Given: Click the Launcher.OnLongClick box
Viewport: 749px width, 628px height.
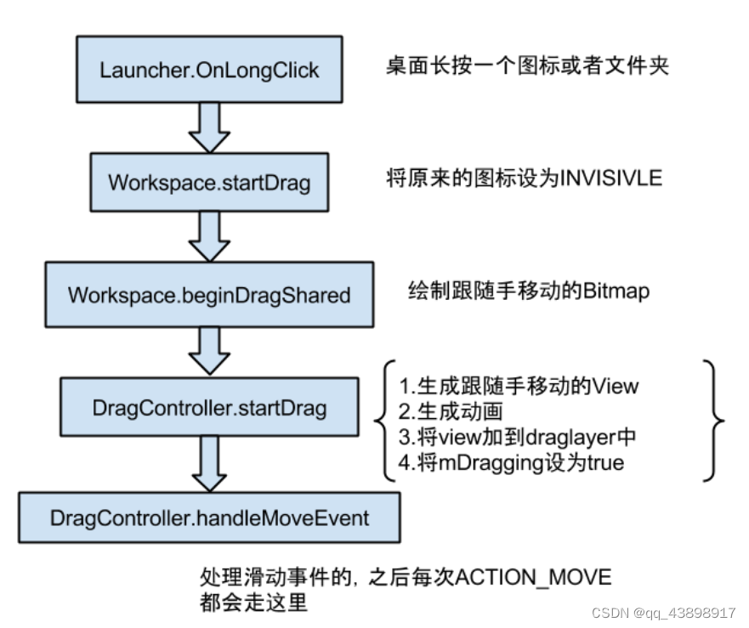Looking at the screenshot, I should (x=209, y=69).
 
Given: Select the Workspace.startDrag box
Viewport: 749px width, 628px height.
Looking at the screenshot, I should (x=209, y=182).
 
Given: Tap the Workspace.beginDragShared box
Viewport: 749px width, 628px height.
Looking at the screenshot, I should (x=209, y=295).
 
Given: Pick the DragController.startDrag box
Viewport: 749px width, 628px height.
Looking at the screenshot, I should (x=209, y=408).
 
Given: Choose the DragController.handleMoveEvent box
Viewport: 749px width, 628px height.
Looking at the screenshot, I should (x=209, y=517).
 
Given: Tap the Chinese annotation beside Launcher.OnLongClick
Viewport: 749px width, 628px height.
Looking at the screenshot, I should (x=527, y=66).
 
